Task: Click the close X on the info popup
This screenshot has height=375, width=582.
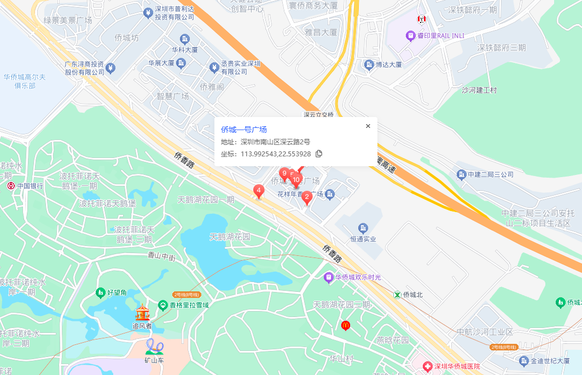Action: (368, 126)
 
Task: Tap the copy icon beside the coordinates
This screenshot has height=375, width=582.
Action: (319, 154)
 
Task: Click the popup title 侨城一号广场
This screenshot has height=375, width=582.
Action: (244, 130)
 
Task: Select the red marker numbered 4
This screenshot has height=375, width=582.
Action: (259, 191)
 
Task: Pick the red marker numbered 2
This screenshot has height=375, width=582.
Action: (307, 197)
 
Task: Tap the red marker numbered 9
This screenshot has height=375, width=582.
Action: (284, 174)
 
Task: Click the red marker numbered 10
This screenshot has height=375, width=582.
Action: (296, 179)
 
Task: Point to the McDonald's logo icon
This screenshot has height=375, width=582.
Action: (345, 325)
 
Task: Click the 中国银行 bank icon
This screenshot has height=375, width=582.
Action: (11, 186)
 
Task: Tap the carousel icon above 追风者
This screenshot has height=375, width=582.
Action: (142, 312)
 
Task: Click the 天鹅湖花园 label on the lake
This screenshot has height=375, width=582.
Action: (230, 237)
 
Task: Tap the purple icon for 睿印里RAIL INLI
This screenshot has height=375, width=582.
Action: (410, 36)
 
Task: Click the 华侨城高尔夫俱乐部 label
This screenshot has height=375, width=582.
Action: (25, 81)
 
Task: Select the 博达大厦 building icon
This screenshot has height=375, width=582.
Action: (369, 65)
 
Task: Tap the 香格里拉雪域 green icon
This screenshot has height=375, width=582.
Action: (162, 305)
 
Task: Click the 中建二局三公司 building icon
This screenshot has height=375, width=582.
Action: (461, 174)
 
